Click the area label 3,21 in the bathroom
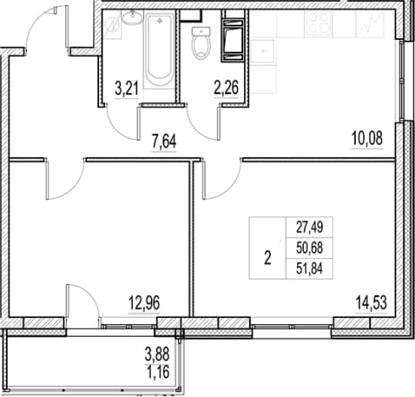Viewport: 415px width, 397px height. click(127, 88)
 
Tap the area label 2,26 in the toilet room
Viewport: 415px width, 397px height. click(226, 87)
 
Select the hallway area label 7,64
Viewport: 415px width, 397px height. click(164, 142)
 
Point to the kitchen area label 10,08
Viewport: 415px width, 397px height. click(367, 138)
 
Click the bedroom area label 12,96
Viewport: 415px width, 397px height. click(144, 303)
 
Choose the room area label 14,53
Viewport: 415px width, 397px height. click(371, 302)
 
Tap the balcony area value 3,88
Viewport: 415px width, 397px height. click(158, 355)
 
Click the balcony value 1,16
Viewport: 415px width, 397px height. click(158, 372)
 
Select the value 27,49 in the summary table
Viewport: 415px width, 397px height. click(309, 227)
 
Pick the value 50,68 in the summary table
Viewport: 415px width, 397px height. click(309, 248)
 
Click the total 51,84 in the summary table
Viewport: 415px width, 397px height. click(309, 269)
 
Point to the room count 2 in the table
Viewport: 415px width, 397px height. click(268, 258)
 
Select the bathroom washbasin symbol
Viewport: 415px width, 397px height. click(132, 18)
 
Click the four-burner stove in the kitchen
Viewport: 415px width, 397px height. click(319, 23)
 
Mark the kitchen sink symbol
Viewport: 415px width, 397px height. click(263, 51)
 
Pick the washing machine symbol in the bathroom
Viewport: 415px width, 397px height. click(113, 25)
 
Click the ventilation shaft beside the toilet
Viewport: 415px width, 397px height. click(233, 40)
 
